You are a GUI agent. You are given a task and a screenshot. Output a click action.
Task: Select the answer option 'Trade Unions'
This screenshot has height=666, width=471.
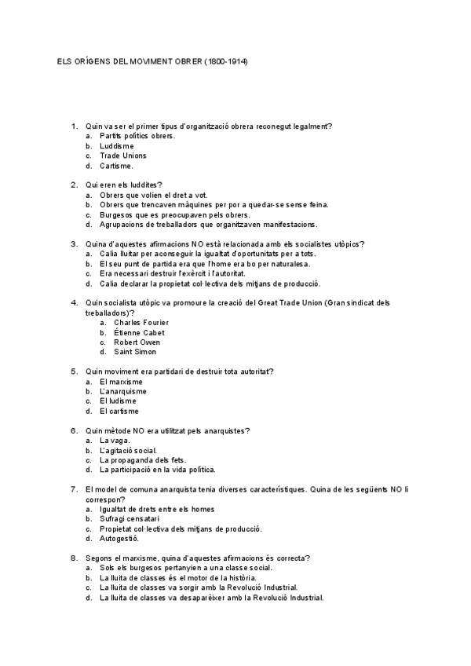click(x=122, y=156)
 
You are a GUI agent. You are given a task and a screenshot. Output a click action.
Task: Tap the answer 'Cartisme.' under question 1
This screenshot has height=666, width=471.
click(x=116, y=166)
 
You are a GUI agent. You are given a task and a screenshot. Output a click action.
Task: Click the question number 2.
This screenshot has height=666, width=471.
click(x=74, y=184)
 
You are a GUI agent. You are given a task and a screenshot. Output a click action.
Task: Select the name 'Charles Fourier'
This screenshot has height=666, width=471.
click(x=141, y=322)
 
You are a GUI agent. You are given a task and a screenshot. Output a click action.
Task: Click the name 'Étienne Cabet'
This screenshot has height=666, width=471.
click(x=139, y=332)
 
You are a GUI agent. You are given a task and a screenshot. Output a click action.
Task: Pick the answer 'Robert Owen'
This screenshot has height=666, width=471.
click(x=137, y=342)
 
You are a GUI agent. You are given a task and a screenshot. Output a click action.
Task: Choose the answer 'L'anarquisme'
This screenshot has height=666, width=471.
click(x=123, y=391)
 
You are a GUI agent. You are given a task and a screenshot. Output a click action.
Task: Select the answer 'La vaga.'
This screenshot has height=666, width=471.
click(x=114, y=440)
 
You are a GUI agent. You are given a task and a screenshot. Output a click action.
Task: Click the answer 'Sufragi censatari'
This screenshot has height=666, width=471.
click(x=130, y=518)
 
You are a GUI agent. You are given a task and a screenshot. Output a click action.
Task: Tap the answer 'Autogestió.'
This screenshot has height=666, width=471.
click(x=119, y=539)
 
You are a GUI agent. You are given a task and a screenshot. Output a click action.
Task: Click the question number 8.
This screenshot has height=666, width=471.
click(x=74, y=558)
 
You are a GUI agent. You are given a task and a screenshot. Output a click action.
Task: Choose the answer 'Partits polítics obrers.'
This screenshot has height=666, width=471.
click(x=137, y=136)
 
